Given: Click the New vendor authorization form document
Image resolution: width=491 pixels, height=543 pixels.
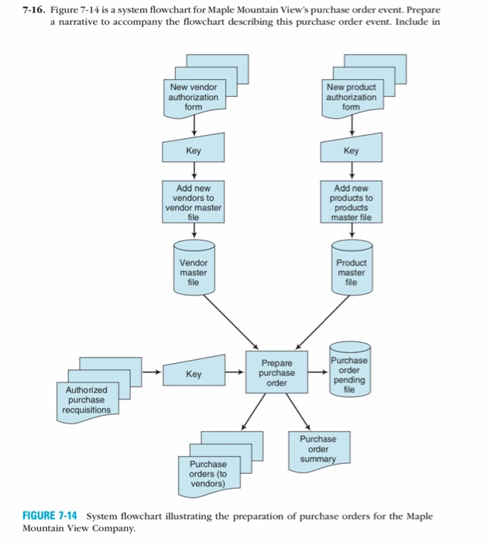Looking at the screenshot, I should click(194, 99).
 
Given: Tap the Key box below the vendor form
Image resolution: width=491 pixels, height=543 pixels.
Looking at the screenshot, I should click(194, 150).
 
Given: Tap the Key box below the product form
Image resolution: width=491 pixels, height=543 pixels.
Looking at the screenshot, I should click(351, 150).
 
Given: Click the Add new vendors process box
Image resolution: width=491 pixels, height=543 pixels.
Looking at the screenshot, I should click(194, 202).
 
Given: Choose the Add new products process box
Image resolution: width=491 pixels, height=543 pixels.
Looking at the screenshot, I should click(352, 202).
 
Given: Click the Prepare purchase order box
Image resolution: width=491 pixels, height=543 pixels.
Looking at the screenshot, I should click(276, 373).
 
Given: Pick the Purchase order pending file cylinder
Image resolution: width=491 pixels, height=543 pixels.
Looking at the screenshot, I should click(349, 372).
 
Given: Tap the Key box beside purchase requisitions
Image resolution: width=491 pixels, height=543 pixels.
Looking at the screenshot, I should click(194, 373).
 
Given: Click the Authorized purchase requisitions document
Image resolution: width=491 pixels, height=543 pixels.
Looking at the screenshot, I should click(88, 399).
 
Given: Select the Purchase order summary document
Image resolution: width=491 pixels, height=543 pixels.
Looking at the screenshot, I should click(318, 448).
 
